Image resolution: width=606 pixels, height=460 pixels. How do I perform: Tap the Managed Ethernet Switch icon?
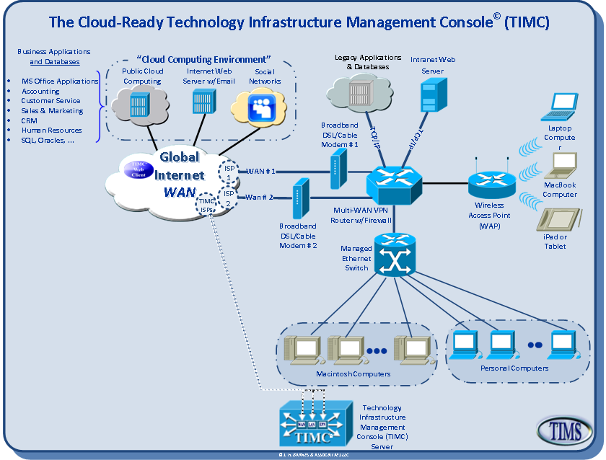395,256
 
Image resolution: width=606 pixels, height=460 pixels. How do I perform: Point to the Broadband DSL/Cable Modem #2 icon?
297,201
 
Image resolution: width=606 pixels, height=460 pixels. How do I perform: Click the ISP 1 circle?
229,172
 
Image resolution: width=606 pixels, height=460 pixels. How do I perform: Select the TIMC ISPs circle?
207,205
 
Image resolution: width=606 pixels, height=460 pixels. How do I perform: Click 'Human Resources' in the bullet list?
51,131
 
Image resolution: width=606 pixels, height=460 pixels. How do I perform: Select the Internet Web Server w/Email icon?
203,103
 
